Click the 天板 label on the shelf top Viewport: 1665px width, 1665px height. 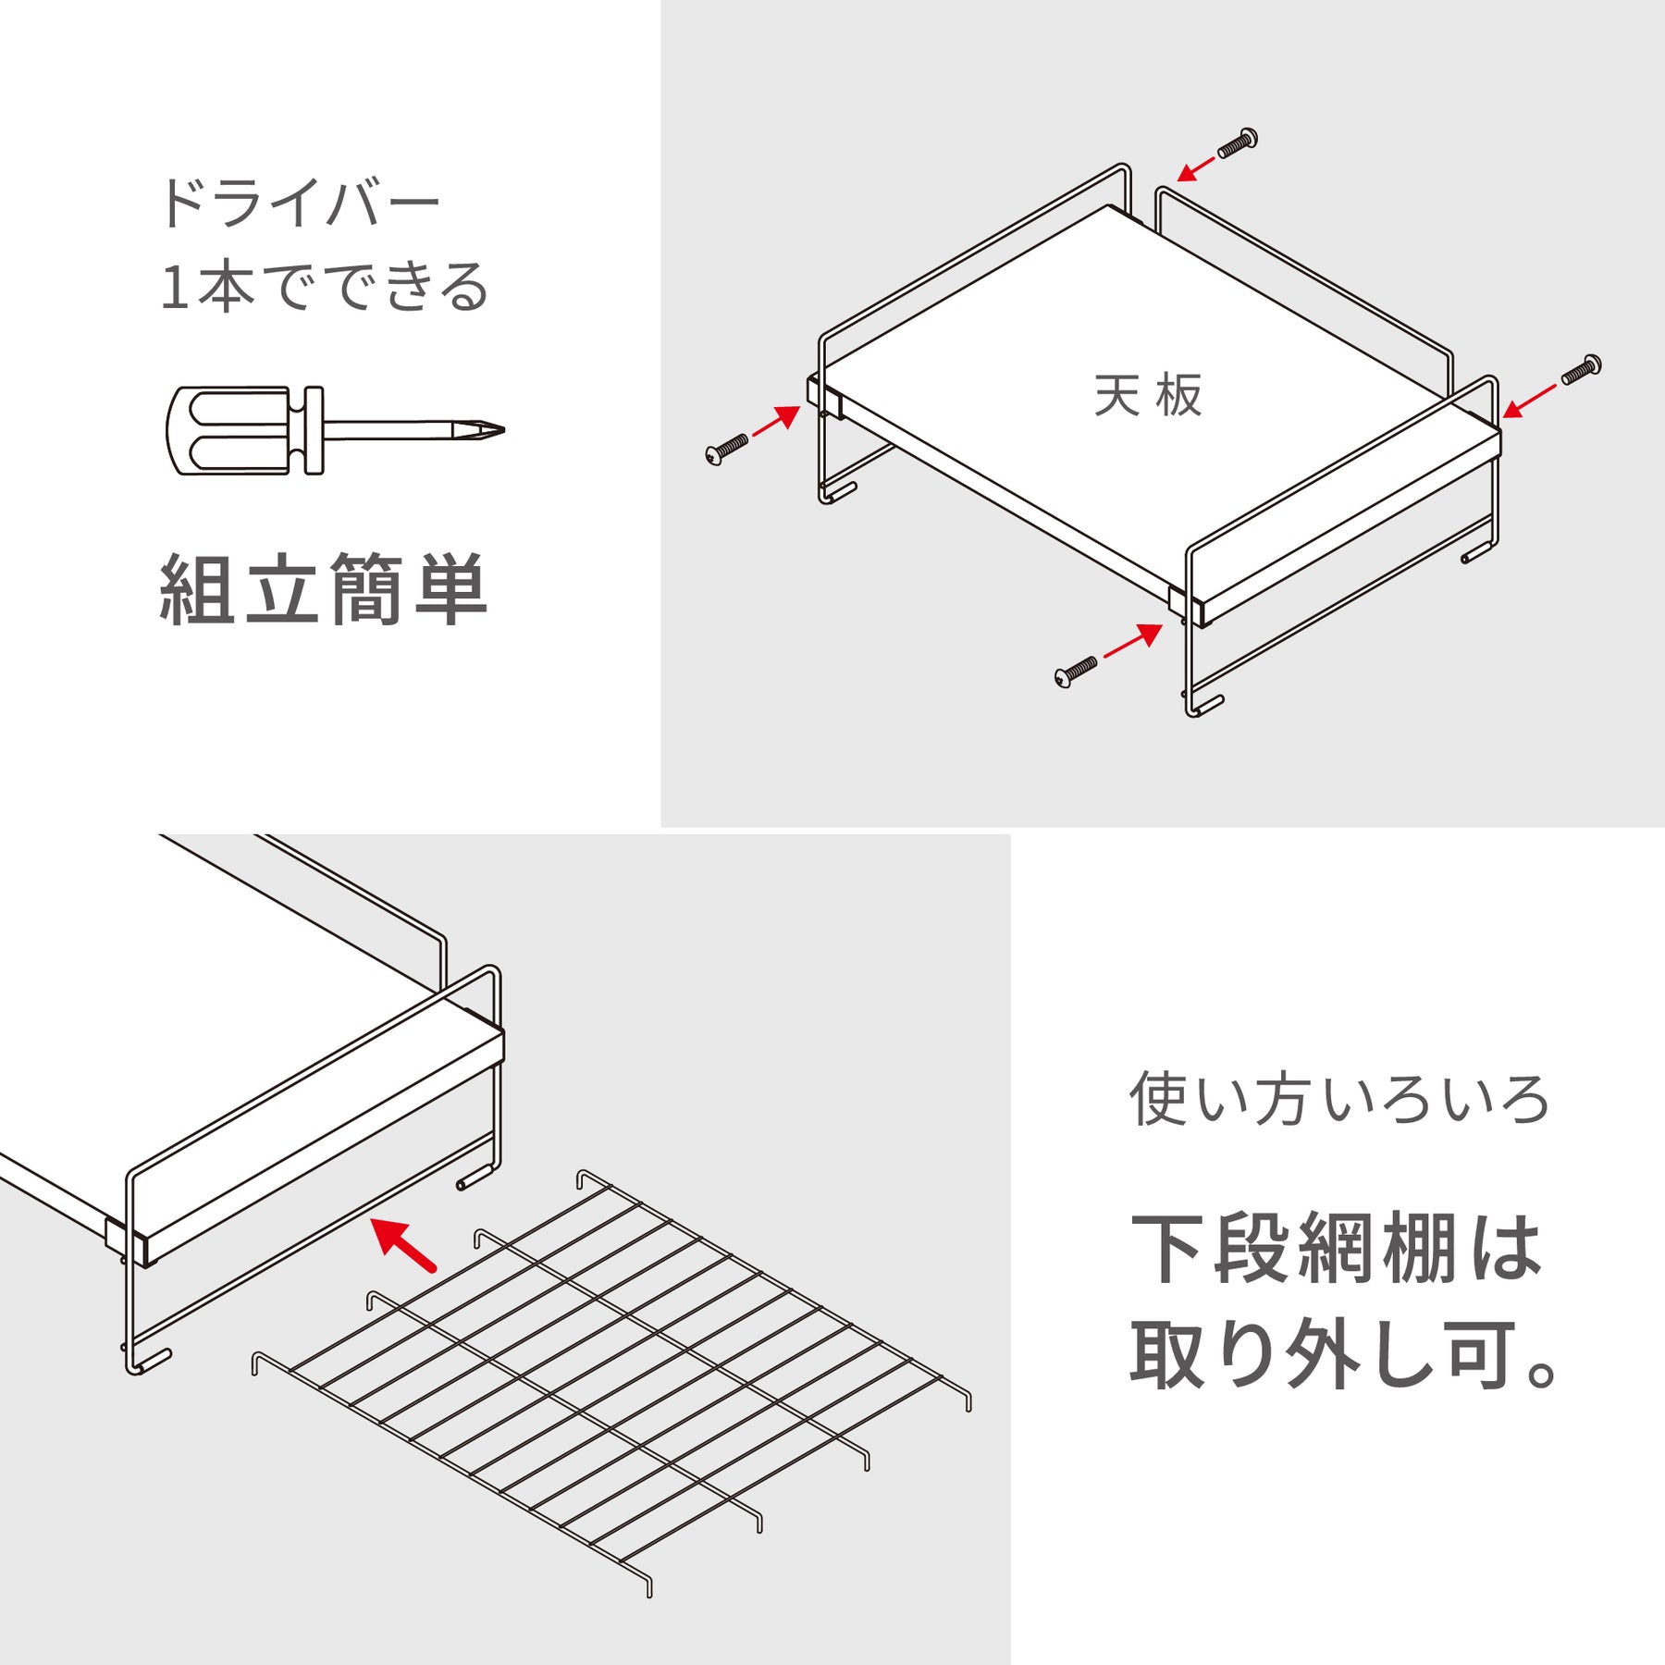pos(1147,396)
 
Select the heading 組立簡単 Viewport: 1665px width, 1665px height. pos(323,590)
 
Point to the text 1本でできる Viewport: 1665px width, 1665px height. pos(324,287)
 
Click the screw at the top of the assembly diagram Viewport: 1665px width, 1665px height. pos(1237,143)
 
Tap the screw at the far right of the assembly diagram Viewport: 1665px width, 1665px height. pos(1581,369)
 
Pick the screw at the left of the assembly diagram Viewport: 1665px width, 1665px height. pos(727,449)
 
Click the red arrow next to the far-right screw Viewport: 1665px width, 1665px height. pos(1529,401)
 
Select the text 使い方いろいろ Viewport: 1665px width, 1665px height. pos(1338,1099)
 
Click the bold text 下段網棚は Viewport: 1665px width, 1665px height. pos(1337,1249)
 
